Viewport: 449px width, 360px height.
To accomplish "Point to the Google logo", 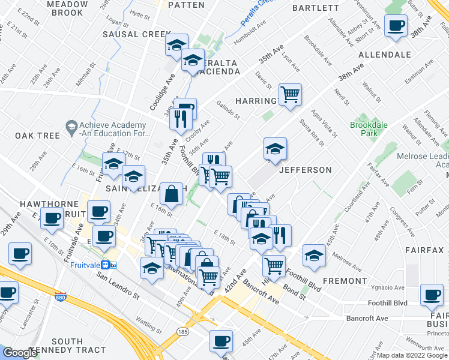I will pyautogui.click(x=20, y=353).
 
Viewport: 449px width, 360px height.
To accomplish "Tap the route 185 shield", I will pyautogui.click(x=182, y=331).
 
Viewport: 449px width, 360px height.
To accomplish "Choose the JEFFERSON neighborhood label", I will pyautogui.click(x=305, y=170).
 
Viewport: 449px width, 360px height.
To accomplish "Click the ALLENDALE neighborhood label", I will pyautogui.click(x=384, y=55).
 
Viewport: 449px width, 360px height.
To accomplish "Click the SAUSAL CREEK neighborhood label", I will pyautogui.click(x=137, y=34).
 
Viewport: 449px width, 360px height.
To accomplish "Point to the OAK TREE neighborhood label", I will pyautogui.click(x=38, y=136).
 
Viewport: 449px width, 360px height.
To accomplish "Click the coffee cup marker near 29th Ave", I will pyautogui.click(x=52, y=218).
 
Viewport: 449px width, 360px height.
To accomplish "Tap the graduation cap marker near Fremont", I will pyautogui.click(x=314, y=255).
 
